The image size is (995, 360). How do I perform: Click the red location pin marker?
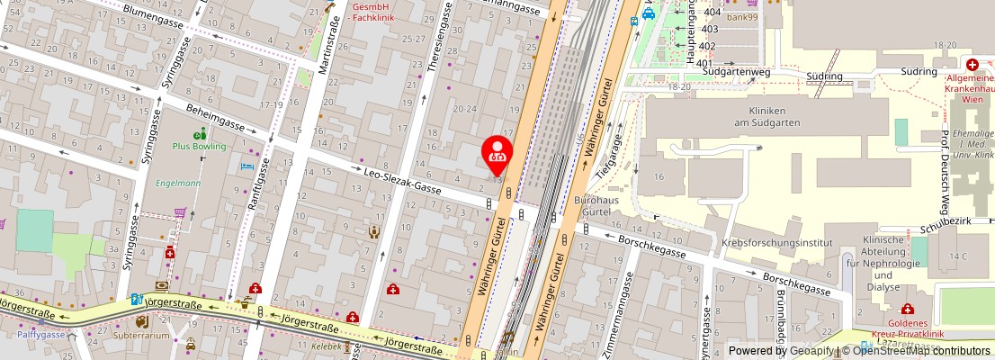[x=497, y=152]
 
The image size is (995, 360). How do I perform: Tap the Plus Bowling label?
[x=199, y=146]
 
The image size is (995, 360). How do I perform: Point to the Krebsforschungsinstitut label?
[x=776, y=243]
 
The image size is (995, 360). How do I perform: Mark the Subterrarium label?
[x=143, y=336]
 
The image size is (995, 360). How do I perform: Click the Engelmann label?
[x=177, y=183]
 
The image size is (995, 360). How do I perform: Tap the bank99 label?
[x=742, y=17]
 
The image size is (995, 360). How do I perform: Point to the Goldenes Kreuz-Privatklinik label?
[x=906, y=328]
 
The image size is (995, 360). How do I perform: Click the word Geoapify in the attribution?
[x=811, y=351]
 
